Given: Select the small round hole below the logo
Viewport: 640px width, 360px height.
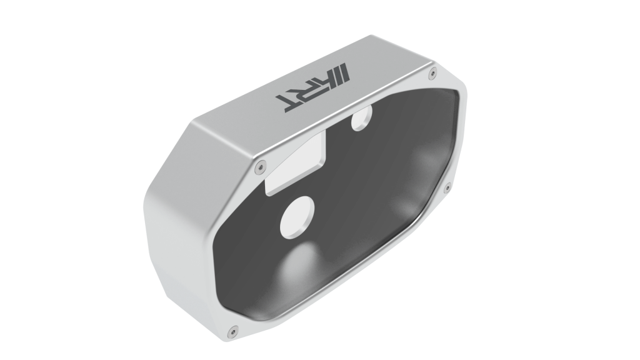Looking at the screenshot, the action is pos(361,117).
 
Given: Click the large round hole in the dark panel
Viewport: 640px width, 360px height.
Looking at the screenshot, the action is pos(297,217).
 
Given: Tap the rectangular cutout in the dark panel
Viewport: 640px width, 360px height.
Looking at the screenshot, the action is pos(296,164).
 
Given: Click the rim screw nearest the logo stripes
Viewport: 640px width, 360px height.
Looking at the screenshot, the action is pos(432,74).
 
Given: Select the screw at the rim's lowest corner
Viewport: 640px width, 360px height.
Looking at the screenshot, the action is pos(233,329).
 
